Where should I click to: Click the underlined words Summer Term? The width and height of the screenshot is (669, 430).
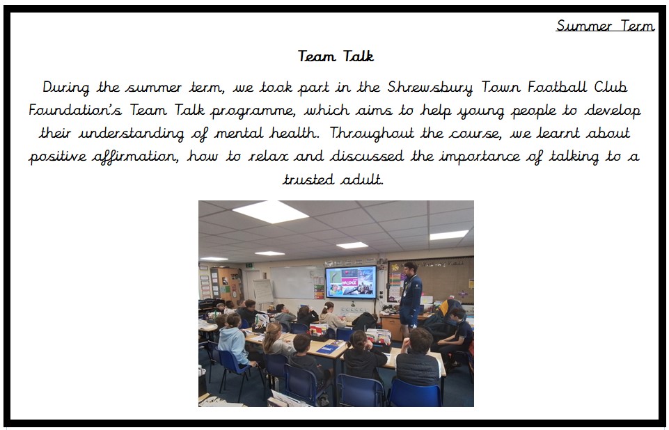coord(605,26)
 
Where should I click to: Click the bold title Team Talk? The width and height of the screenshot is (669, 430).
coord(336,56)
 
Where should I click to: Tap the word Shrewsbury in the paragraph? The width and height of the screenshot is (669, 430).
coord(430,88)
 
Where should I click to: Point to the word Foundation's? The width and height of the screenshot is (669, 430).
coord(75,110)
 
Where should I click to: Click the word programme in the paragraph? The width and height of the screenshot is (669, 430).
coord(253,111)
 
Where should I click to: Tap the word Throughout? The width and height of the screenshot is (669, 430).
coord(372,134)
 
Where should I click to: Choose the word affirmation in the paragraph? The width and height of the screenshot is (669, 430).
coord(135,157)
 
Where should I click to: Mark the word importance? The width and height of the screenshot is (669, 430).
coord(480,157)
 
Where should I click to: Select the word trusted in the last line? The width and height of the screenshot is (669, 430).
coord(308,180)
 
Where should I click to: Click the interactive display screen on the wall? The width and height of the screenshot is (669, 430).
coord(351,282)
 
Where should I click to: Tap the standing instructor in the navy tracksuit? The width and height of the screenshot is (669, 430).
coord(410,298)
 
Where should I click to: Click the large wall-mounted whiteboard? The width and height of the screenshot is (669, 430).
coord(297,282)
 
